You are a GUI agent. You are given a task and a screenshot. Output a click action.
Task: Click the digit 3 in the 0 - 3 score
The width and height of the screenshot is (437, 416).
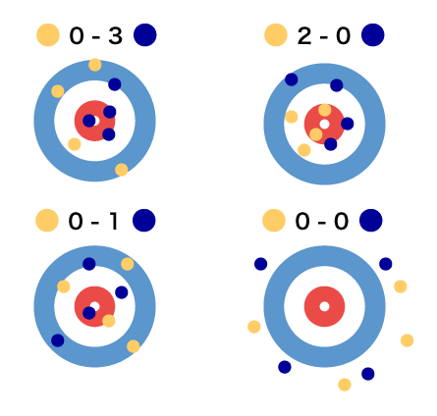[x=116, y=35]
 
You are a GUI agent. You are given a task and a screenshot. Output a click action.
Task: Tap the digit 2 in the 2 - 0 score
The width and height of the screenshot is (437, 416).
[x=304, y=35]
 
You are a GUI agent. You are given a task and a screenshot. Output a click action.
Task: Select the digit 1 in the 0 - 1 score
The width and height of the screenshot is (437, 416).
[x=113, y=221]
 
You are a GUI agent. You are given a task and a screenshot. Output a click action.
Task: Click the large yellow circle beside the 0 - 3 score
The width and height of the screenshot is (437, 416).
[x=48, y=35]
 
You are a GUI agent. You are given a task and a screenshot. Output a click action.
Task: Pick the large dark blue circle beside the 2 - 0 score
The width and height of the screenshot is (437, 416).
[x=373, y=35]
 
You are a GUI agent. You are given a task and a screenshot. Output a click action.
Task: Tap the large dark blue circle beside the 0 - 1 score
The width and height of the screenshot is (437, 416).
[x=144, y=221]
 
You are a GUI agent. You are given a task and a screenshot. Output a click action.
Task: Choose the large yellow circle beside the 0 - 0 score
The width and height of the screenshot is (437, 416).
[x=274, y=221]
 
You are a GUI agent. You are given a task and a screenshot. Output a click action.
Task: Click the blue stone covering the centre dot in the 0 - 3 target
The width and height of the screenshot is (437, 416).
[x=89, y=121]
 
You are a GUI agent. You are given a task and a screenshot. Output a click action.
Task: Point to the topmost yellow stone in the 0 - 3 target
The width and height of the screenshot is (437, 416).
[x=95, y=65]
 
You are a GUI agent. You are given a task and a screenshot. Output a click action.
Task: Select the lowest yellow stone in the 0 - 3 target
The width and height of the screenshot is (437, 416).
[x=122, y=170]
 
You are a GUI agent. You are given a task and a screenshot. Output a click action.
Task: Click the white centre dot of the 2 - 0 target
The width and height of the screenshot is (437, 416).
[x=324, y=125]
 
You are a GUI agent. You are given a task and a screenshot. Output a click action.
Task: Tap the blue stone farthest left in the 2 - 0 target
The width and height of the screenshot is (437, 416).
[x=292, y=79]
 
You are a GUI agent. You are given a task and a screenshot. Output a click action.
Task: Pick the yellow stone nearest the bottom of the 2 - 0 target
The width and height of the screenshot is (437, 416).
[x=304, y=150]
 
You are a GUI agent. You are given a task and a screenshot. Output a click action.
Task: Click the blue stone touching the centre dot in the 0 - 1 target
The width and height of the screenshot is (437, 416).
[x=89, y=313]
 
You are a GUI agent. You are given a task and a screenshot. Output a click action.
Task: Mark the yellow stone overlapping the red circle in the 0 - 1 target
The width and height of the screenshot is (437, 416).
[x=109, y=321]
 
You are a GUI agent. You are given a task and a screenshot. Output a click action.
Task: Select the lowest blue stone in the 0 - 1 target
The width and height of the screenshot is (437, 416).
[x=58, y=340]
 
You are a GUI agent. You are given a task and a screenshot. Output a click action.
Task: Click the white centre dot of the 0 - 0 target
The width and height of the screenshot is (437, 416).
[x=324, y=306]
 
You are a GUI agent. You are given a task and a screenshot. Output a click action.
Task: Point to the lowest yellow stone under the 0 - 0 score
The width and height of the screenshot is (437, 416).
[x=345, y=385]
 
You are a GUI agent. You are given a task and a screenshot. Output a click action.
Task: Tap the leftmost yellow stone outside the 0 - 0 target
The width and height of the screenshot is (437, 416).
[x=254, y=327]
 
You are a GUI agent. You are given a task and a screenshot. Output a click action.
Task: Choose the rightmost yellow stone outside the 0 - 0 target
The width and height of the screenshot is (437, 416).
[x=408, y=340]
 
